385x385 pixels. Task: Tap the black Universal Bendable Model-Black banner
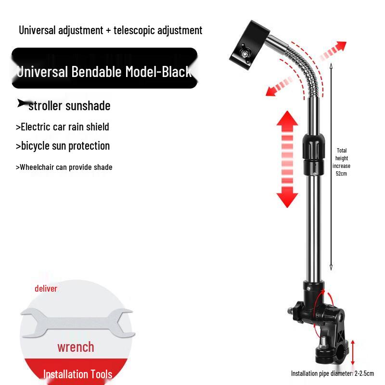104,68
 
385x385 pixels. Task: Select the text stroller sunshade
69,106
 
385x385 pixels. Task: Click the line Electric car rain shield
63,127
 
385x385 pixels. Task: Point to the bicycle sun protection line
63,146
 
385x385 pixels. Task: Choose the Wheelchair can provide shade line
64,167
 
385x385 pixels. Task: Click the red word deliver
46,288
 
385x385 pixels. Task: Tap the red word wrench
76,347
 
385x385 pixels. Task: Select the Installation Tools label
77,374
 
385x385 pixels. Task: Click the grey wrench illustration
77,323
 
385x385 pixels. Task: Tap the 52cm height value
341,174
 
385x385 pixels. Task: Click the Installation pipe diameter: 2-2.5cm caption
333,373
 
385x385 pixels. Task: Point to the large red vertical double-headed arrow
287,159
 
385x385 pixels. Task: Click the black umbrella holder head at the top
249,45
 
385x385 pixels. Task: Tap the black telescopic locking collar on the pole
313,154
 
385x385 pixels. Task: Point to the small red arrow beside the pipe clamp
353,352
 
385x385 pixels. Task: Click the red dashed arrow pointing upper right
333,51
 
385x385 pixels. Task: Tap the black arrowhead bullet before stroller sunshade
23,103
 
